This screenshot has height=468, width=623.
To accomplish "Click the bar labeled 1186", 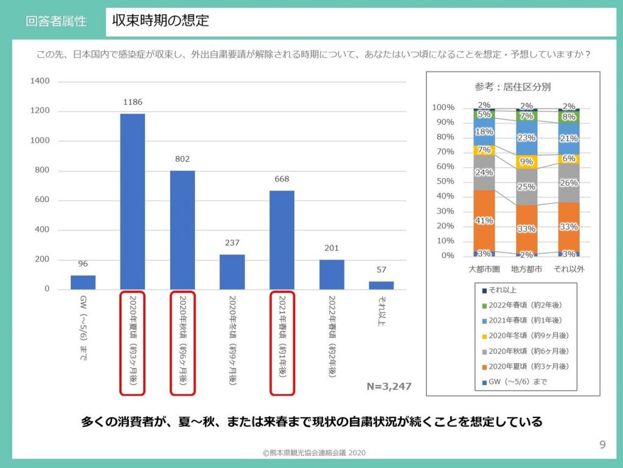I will tap(132, 201).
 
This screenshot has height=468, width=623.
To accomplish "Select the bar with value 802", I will tap(182, 229).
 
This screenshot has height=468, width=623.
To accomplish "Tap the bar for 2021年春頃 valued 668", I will tap(282, 240).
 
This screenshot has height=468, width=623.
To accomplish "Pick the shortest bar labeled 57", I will tap(381, 285).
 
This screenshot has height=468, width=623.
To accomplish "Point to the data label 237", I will tap(232, 242).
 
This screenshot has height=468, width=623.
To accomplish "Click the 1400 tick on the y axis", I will tap(40, 81).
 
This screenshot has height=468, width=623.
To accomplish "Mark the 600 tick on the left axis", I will tap(43, 200).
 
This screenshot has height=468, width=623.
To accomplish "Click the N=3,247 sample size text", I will tap(389, 386).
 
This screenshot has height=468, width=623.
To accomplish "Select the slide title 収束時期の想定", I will tap(161, 21).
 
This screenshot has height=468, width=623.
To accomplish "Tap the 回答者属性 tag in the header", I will tap(56, 21).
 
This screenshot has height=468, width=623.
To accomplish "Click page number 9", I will tap(602, 444).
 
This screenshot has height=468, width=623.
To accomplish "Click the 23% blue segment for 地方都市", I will tap(526, 138).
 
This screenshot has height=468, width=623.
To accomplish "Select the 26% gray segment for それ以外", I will tap(568, 182).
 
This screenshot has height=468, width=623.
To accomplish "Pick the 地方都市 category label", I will tap(527, 268).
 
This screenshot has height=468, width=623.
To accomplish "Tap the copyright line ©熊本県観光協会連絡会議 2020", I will tap(314, 453).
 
